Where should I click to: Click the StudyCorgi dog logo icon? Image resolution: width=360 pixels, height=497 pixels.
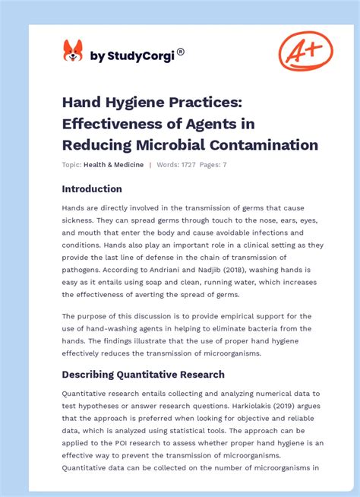click(73, 51)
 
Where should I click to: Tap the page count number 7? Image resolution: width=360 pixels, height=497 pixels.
click(224, 165)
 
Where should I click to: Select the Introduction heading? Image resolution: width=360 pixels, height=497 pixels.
click(92, 188)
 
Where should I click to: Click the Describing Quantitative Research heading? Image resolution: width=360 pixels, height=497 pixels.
click(144, 374)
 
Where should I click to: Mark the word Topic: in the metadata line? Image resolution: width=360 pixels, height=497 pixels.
click(72, 165)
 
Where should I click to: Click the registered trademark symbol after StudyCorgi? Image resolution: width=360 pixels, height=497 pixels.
click(180, 52)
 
